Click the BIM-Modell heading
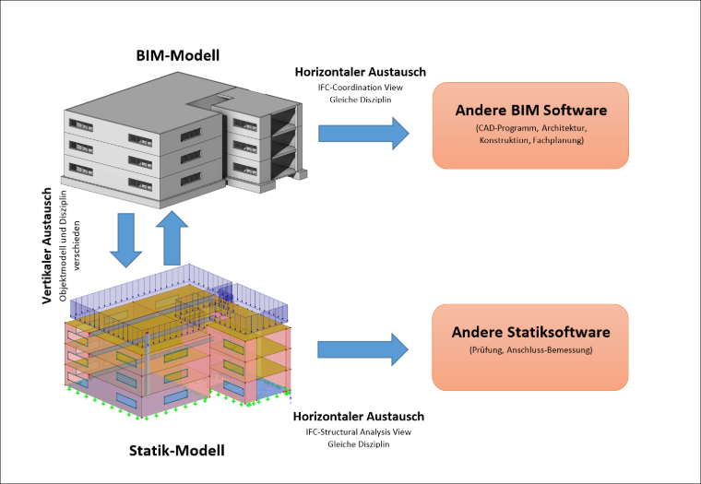[x=178, y=55]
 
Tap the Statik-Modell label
[x=177, y=450]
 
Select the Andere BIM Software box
[x=530, y=125]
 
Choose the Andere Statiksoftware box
[x=530, y=348]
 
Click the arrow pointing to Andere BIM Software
[x=363, y=133]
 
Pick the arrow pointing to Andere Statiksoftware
[x=362, y=349]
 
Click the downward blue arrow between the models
[x=126, y=241]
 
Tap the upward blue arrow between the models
[x=172, y=238]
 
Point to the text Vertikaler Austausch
[x=47, y=246]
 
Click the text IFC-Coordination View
[x=361, y=88]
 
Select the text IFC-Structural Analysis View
[x=359, y=431]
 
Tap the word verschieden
[x=77, y=246]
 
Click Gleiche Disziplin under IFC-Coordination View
[x=361, y=100]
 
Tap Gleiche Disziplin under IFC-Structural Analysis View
[x=359, y=444]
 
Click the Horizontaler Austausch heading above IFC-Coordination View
[x=361, y=72]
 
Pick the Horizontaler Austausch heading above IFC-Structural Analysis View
[x=359, y=416]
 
